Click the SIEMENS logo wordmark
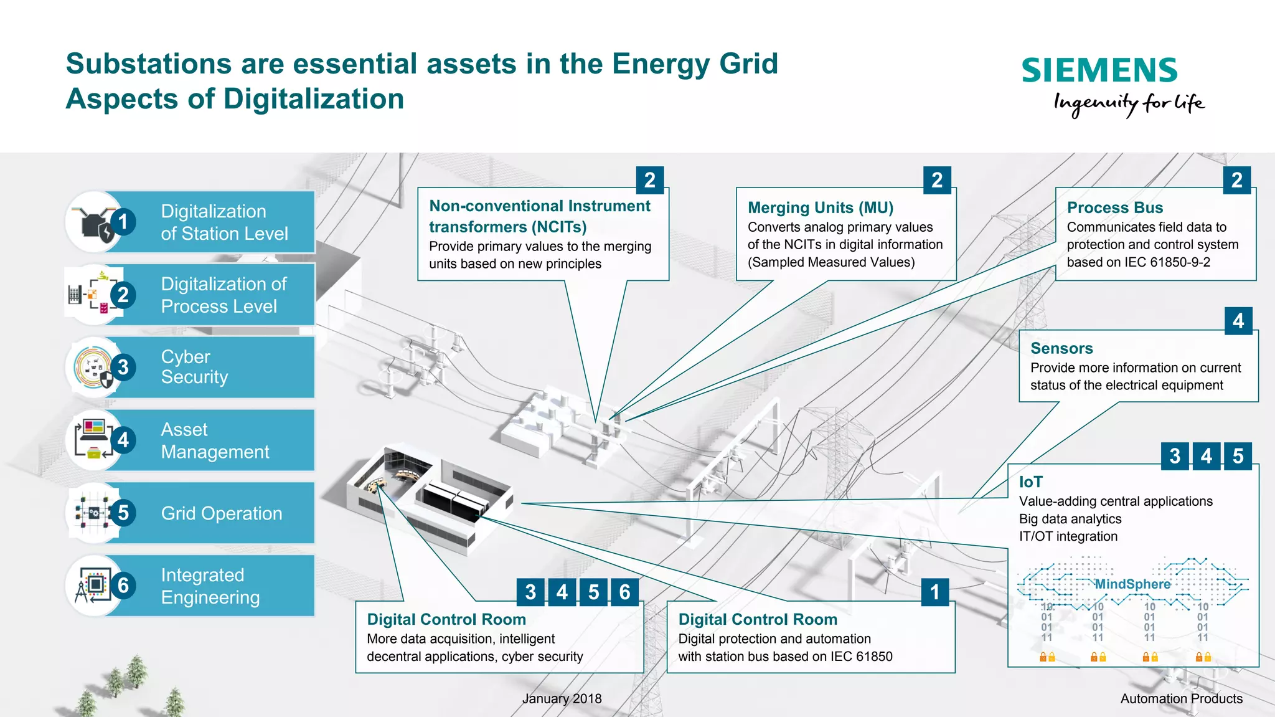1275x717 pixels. click(1099, 70)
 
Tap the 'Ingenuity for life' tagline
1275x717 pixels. click(1129, 103)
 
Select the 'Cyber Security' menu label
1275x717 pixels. click(194, 367)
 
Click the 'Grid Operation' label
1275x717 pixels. click(221, 513)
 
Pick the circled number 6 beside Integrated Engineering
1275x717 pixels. click(123, 585)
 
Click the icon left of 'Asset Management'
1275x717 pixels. click(93, 440)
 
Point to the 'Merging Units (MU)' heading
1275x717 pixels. click(820, 207)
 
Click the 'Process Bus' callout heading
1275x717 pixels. click(1114, 207)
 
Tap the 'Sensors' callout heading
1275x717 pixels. click(1061, 348)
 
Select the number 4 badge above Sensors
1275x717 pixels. click(1238, 321)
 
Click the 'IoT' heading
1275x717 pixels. click(1030, 482)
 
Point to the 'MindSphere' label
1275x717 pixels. click(1132, 584)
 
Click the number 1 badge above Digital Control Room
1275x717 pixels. click(934, 592)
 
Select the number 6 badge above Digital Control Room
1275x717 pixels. click(624, 592)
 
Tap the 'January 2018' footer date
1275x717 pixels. click(562, 699)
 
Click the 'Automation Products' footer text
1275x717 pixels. click(1181, 699)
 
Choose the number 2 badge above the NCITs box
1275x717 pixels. click(649, 180)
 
